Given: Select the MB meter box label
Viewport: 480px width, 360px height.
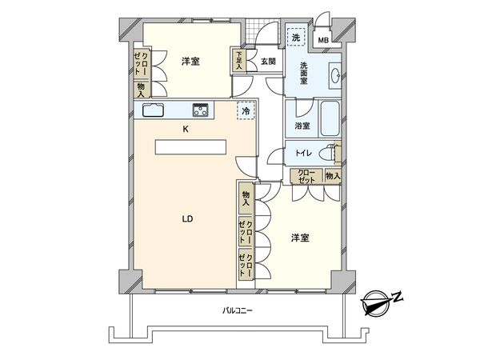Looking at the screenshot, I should click(x=323, y=39).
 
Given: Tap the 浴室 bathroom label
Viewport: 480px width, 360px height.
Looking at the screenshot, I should click(x=302, y=126).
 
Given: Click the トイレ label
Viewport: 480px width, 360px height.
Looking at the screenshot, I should click(x=303, y=153).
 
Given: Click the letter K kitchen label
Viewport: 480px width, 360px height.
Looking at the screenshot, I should click(x=186, y=130).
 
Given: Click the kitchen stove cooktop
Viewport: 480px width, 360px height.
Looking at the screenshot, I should click(x=200, y=110).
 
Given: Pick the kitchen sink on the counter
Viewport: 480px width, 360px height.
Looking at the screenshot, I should click(x=154, y=111).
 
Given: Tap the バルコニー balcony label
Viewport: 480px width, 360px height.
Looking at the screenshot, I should click(x=237, y=311).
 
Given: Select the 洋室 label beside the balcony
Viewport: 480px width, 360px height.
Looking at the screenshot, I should click(x=300, y=238).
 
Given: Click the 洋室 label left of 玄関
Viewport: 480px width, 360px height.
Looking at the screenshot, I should click(x=190, y=61).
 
